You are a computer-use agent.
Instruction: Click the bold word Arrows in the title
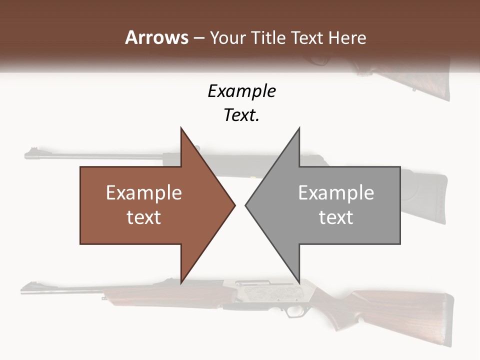[x=156, y=37]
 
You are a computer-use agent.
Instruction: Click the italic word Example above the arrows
[x=241, y=91]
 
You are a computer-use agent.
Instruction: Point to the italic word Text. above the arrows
[x=241, y=115]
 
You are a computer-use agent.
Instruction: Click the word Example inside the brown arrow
[x=143, y=193]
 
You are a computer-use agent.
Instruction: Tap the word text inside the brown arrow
[x=143, y=217]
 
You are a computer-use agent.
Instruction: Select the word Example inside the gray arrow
[x=336, y=193]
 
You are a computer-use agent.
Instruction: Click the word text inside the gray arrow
[x=336, y=217]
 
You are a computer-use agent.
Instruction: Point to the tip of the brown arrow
[x=234, y=205]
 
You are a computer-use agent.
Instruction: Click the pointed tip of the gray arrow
[x=246, y=205]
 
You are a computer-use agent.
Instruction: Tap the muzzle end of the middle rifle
[x=28, y=155]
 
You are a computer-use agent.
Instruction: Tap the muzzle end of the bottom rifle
[x=24, y=289]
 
